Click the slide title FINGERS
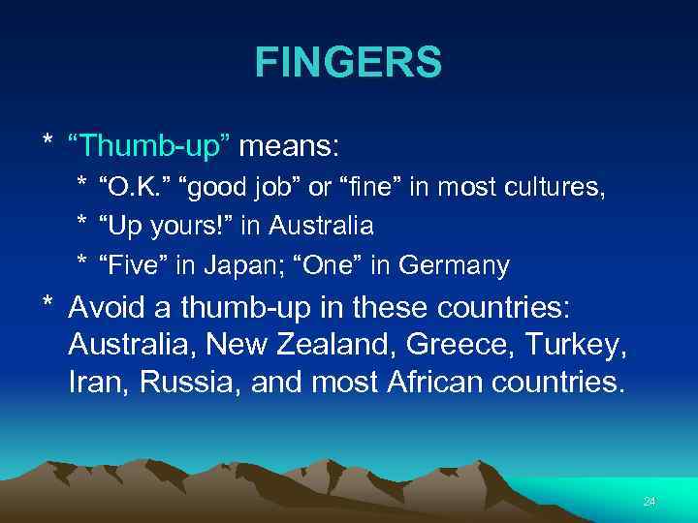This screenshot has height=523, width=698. tap(348, 63)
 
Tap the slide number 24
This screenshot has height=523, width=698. tap(650, 502)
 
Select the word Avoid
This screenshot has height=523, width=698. tap(110, 308)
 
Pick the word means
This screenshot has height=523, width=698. tap(289, 147)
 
